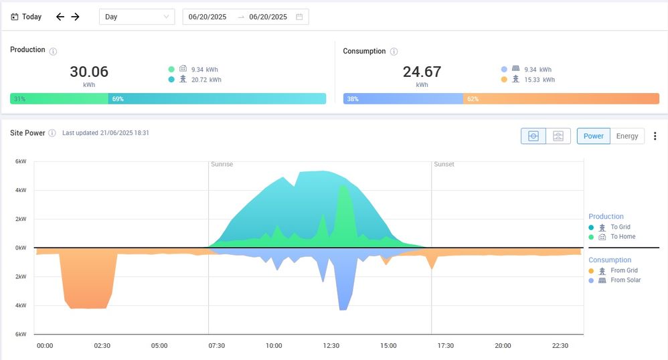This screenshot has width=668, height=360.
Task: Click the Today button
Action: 27,17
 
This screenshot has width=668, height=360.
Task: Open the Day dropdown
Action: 137,17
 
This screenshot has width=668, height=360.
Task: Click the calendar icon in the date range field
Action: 299,17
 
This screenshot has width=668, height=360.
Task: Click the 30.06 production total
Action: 89,72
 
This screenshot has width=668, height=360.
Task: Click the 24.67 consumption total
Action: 422,72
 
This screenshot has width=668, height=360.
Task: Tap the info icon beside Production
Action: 54,51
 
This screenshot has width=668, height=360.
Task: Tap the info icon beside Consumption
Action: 394,52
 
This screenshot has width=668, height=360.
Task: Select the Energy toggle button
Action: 627,136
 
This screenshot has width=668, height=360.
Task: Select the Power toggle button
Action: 593,136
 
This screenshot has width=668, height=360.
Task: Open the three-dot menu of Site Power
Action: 655,136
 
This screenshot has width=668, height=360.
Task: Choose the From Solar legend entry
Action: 625,280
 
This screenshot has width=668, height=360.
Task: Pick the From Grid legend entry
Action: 624,271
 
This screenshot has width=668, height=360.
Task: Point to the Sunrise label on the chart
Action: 222,164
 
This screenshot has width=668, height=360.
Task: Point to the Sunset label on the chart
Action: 444,164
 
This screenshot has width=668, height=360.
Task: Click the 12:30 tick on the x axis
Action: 331,346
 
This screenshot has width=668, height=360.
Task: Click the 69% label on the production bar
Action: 118,99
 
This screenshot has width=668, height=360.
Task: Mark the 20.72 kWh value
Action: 205,80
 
